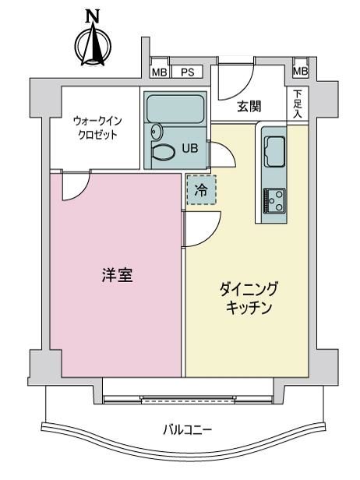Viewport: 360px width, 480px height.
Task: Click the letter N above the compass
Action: point(93,16)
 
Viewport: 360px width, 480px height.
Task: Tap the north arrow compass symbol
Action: point(93,45)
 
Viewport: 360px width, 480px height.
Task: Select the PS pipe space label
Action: point(187,72)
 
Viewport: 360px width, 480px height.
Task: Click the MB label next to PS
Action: point(160,72)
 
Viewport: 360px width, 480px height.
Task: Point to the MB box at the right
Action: point(300,72)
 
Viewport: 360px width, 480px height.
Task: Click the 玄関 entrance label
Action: point(249,107)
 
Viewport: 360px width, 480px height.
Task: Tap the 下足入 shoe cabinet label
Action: point(297,104)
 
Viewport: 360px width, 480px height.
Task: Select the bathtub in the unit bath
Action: point(175,109)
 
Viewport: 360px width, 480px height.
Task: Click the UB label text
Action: point(190,149)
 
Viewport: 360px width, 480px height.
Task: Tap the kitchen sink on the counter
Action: point(274,151)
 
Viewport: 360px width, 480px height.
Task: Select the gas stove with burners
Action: point(274,200)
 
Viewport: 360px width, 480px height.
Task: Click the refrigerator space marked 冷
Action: point(201,190)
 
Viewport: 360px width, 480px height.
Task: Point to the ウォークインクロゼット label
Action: point(97,128)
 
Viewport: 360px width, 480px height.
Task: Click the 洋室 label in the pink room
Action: point(118,274)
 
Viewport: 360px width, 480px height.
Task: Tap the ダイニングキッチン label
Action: point(249,298)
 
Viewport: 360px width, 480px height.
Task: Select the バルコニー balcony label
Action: point(187,430)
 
